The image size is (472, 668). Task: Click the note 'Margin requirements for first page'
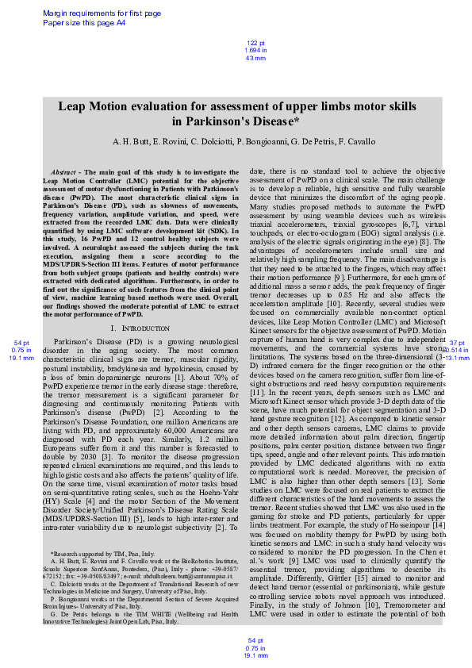click(x=101, y=13)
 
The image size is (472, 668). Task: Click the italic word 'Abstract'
click(x=63, y=172)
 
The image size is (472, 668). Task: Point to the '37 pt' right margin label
click(x=457, y=343)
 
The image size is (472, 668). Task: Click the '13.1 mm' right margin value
click(x=457, y=358)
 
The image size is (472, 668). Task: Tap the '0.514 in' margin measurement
click(x=457, y=350)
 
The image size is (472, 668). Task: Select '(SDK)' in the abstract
click(x=227, y=229)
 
